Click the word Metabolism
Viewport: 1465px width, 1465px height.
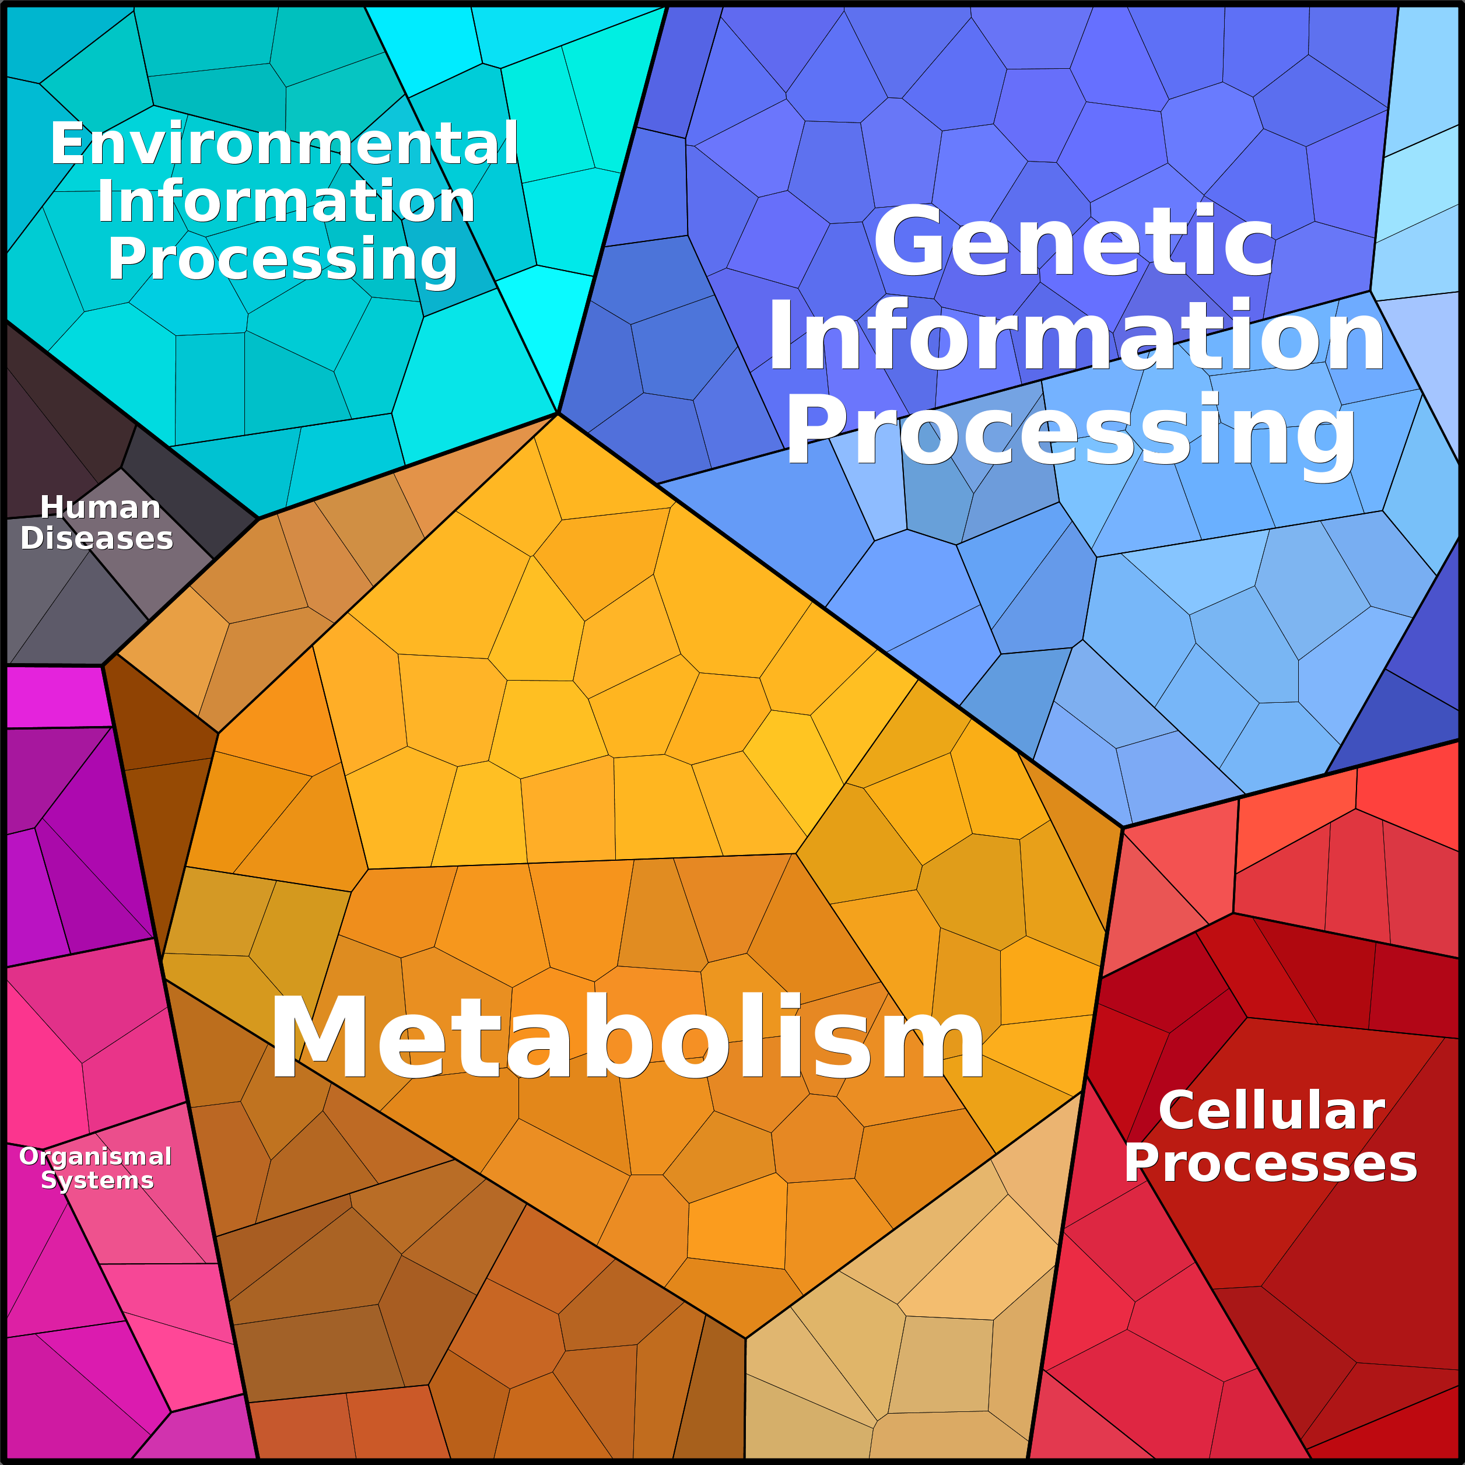point(626,1038)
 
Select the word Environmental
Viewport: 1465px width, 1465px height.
point(285,144)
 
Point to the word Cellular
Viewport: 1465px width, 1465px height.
point(1271,1112)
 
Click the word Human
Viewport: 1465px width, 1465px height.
point(100,507)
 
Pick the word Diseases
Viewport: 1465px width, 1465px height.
point(97,538)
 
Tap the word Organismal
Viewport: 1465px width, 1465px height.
point(96,1157)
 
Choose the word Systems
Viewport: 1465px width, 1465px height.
point(97,1180)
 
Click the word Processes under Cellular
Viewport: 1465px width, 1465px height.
point(1270,1164)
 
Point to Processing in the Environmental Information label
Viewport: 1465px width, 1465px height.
point(283,260)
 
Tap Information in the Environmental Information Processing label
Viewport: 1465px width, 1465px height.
point(286,202)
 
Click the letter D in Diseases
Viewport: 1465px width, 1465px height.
point(32,538)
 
